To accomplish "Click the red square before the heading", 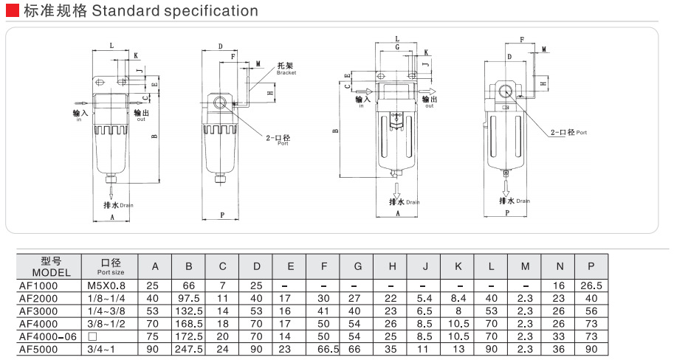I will click(11, 11).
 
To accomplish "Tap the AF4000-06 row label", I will click(46, 336).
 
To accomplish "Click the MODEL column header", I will click(51, 272).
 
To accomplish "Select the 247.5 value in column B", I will click(189, 348).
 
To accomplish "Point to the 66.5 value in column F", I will click(324, 348).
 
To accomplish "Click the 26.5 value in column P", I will click(591, 285).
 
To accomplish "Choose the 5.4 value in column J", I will click(425, 298).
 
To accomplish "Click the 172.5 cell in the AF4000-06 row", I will click(189, 336).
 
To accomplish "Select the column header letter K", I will click(458, 266).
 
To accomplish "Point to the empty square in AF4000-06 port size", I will click(92, 336).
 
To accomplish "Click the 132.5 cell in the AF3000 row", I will click(189, 311).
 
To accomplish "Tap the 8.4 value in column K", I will click(458, 298).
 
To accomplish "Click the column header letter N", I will click(558, 266).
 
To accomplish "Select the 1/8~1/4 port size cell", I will click(107, 298).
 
